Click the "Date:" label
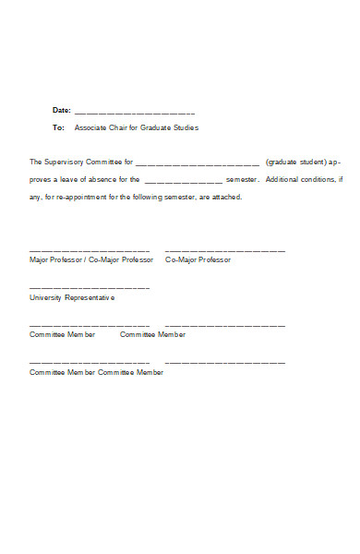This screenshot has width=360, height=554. click(x=62, y=110)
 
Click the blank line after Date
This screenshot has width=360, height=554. click(x=135, y=111)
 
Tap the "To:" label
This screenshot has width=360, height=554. click(x=59, y=127)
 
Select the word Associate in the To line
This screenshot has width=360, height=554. click(x=91, y=127)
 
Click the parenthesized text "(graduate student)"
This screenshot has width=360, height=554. click(x=295, y=162)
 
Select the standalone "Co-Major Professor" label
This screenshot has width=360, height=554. click(x=198, y=259)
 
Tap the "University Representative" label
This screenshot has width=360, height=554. click(x=72, y=298)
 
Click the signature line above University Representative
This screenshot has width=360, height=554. click(x=90, y=288)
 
